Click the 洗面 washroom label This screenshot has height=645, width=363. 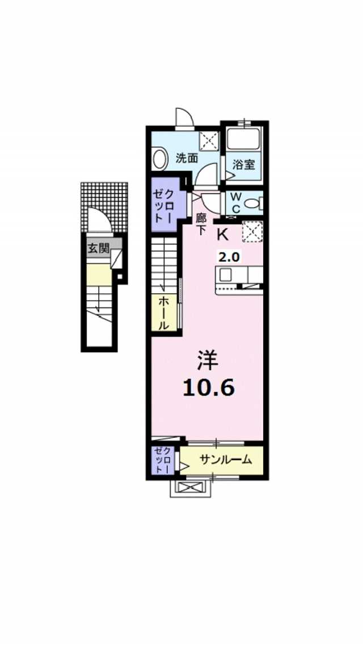188,158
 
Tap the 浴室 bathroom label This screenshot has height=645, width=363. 244,165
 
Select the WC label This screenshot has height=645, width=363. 235,203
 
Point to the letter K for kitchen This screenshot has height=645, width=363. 222,235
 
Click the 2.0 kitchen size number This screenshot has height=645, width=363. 228,257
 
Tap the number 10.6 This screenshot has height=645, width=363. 208,387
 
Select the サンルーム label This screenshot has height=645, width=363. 226,460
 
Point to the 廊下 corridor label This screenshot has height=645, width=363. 201,224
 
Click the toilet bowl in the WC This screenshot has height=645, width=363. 251,203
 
